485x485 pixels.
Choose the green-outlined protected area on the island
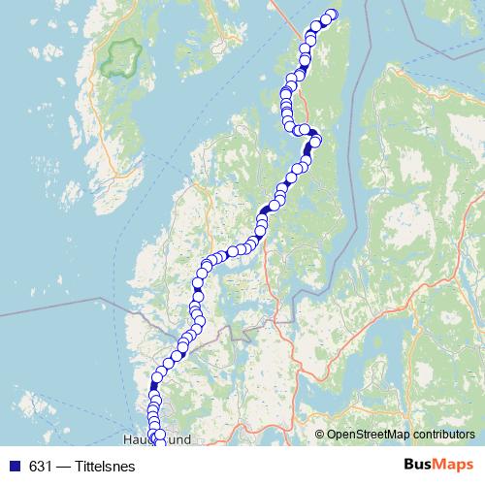point(122,58)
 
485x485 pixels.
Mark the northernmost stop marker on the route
point(332,15)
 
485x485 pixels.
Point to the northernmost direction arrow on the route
point(309,148)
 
